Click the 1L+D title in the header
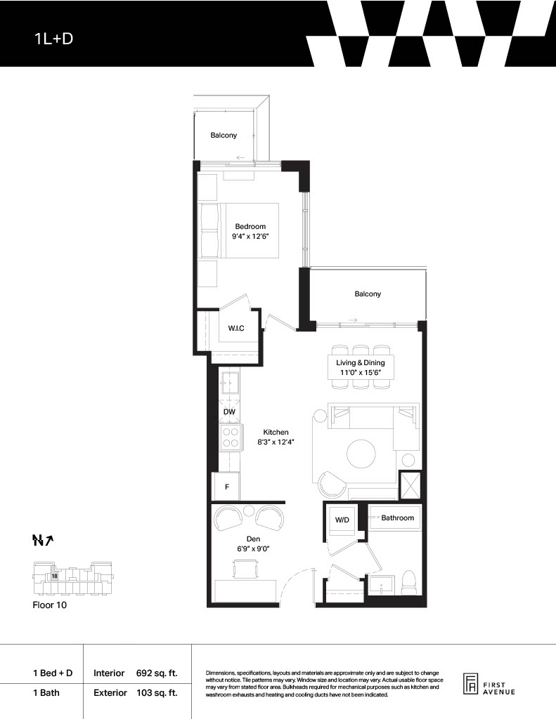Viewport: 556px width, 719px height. coord(53,39)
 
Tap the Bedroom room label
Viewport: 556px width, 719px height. coord(250,226)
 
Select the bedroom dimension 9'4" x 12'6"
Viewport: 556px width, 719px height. coord(250,237)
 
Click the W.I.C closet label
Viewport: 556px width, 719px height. coord(236,329)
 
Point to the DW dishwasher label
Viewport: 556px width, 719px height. coord(229,411)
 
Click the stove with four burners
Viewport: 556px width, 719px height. coord(230,437)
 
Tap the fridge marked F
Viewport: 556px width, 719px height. coord(227,487)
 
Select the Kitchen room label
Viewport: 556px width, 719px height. coord(276,432)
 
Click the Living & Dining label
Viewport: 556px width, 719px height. coord(361,363)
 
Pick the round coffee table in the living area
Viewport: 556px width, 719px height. coord(361,454)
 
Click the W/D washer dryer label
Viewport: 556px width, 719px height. coord(342,520)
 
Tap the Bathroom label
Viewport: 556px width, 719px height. coord(398,517)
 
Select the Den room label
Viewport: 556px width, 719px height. coord(253,539)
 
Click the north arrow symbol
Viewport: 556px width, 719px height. coord(43,541)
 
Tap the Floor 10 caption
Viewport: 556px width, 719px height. coord(50,605)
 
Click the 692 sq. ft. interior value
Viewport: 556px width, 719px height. coord(157,673)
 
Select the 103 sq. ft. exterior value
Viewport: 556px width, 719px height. coord(157,693)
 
